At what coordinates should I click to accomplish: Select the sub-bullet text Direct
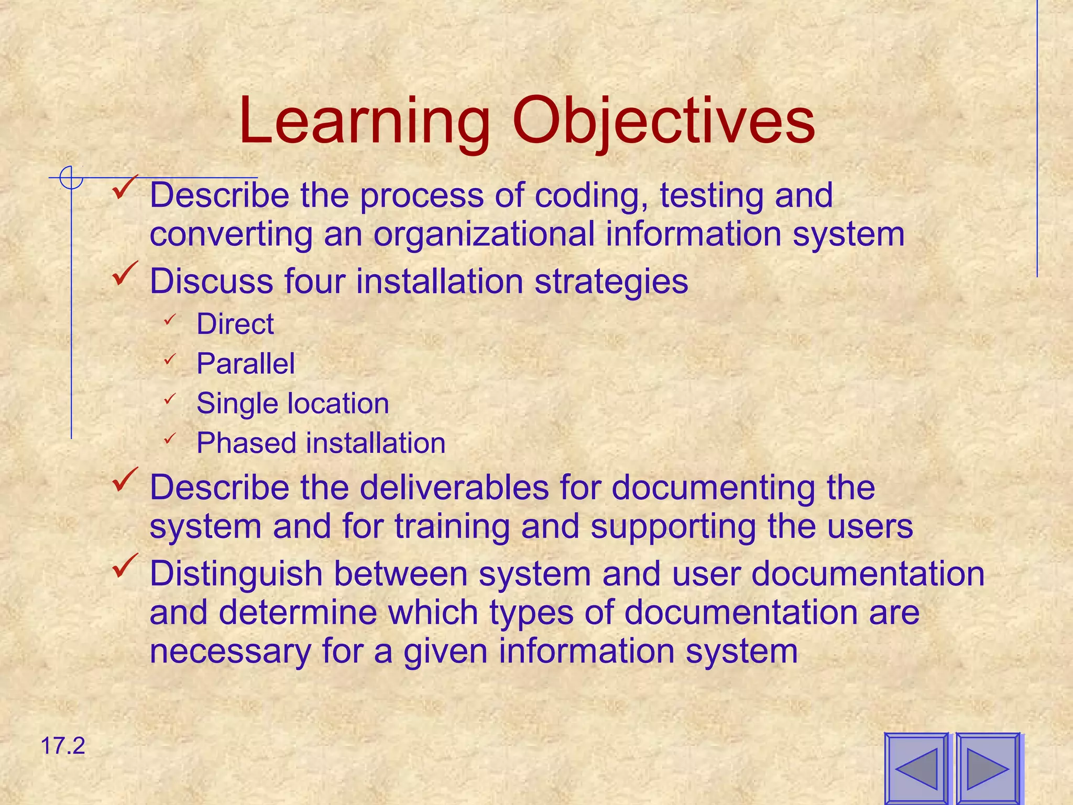pos(235,324)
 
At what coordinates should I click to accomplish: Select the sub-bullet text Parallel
pos(246,364)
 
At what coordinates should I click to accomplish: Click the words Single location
pos(292,404)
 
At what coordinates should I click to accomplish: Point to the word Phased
pos(246,443)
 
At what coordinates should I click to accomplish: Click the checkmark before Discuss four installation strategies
pos(125,274)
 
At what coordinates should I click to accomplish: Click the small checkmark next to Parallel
pos(169,360)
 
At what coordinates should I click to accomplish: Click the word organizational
pos(484,234)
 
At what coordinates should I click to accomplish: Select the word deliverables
pos(455,487)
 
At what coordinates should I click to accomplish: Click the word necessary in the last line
pos(230,651)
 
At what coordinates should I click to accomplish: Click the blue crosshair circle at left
pos(71,178)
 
